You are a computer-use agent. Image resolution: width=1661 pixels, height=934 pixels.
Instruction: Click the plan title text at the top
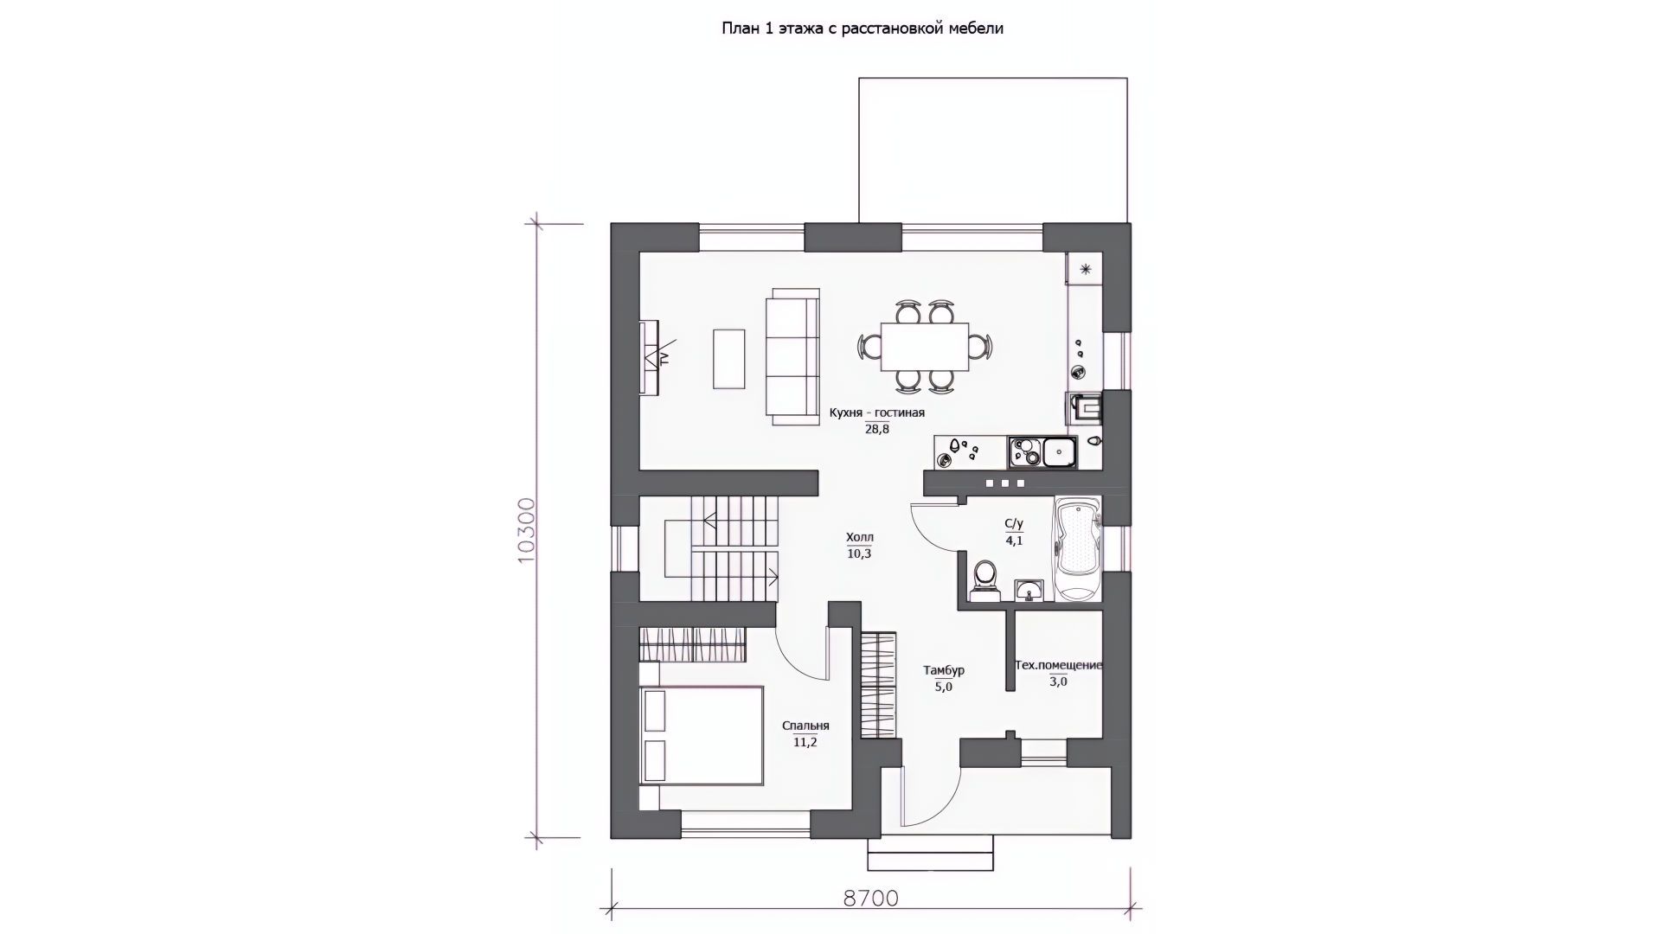(863, 29)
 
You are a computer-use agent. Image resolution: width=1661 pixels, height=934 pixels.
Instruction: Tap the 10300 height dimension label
(527, 530)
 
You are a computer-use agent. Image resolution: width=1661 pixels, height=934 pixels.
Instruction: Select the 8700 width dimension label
(871, 899)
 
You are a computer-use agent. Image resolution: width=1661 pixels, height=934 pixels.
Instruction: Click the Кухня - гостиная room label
(876, 413)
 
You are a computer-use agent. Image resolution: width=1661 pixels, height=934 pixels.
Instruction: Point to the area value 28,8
(876, 429)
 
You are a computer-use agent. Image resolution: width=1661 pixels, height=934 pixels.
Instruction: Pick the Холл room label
(859, 537)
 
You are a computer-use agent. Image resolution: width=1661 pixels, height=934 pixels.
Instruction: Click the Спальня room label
(805, 726)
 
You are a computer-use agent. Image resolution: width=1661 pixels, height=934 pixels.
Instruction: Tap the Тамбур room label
(943, 670)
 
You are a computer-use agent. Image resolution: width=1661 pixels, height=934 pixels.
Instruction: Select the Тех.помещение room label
(1058, 665)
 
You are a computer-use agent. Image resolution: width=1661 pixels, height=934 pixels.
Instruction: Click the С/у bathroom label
(1014, 523)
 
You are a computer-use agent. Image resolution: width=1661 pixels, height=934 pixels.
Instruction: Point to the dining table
(925, 346)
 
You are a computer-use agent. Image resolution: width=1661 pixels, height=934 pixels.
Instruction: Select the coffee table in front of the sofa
(728, 358)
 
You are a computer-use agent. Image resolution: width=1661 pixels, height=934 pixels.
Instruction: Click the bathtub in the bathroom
(1077, 548)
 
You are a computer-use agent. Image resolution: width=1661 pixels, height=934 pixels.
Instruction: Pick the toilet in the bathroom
(984, 579)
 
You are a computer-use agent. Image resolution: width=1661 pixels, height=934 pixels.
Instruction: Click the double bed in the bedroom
(702, 735)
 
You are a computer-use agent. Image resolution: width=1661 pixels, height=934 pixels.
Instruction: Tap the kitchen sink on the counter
(1059, 451)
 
